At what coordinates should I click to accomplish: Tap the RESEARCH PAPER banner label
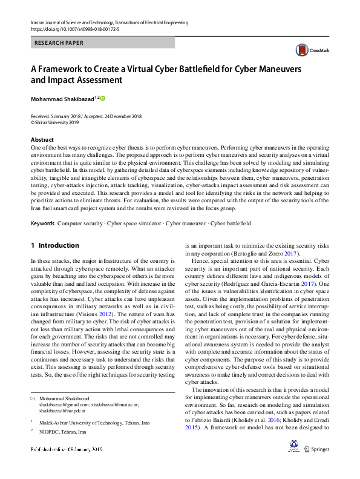[x=59, y=43]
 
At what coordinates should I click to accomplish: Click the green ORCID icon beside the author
[x=102, y=98]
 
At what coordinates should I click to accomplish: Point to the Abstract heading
[x=42, y=139]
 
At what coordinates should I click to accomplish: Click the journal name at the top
[x=109, y=22]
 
